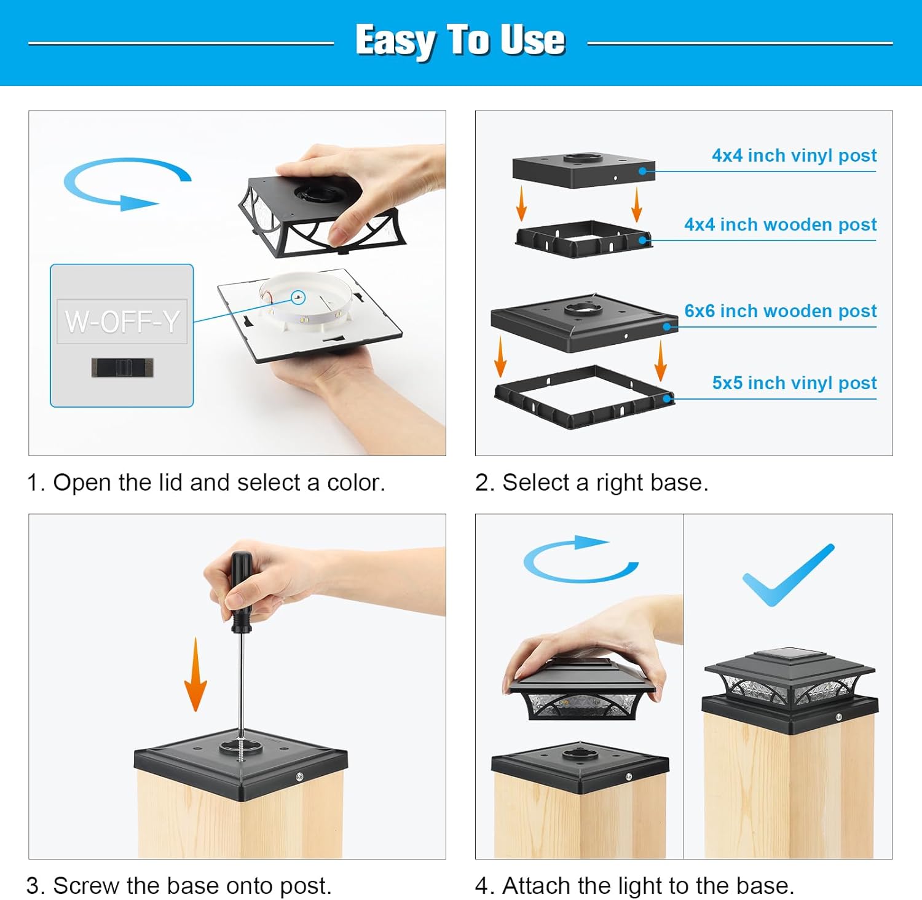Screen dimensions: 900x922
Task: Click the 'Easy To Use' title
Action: [460, 41]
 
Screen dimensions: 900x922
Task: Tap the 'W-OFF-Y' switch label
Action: [122, 321]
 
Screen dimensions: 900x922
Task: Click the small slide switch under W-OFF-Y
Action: [122, 368]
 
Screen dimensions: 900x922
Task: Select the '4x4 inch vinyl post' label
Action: [794, 156]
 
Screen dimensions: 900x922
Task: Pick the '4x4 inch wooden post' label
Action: [780, 224]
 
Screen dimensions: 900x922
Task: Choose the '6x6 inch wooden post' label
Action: [780, 311]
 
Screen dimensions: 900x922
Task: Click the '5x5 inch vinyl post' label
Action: [794, 383]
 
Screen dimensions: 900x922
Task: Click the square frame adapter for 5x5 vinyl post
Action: [584, 398]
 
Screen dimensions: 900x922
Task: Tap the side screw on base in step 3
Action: [299, 777]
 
